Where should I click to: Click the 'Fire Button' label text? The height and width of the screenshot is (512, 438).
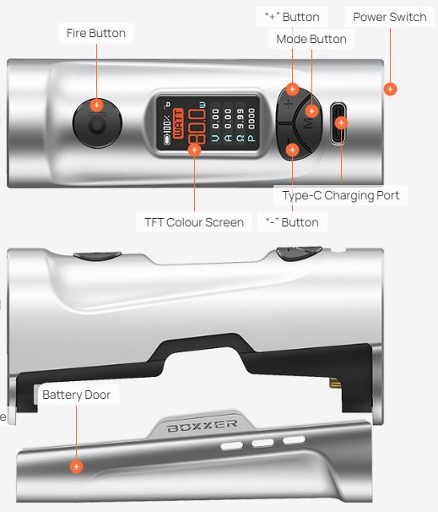coord(96,33)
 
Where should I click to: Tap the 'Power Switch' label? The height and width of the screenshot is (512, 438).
coord(390,17)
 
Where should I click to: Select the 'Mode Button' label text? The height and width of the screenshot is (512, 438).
coord(311,39)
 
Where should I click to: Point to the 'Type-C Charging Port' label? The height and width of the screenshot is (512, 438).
coord(341,195)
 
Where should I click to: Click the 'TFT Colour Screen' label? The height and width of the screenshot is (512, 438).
coord(194,222)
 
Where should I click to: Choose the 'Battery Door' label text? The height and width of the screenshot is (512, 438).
coord(76,395)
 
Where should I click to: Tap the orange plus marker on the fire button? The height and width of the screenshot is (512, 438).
coord(96,105)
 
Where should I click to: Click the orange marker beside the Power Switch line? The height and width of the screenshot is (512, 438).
coord(390,89)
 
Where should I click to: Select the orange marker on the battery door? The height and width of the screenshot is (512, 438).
coord(76,466)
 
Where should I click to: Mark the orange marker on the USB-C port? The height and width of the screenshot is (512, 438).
coord(342,123)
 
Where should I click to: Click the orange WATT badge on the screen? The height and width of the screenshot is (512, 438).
coord(178,123)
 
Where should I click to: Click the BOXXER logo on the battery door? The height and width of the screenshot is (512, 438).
coord(203,426)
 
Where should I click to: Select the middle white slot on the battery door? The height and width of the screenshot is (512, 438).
coord(262,443)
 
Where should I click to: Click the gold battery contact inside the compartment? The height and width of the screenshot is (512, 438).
coord(335,383)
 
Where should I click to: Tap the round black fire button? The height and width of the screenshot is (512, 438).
coord(97,123)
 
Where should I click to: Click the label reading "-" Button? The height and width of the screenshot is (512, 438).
coord(292,222)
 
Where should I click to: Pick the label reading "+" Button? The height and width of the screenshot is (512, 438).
coord(292,17)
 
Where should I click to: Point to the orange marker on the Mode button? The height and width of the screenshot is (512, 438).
coord(311,112)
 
